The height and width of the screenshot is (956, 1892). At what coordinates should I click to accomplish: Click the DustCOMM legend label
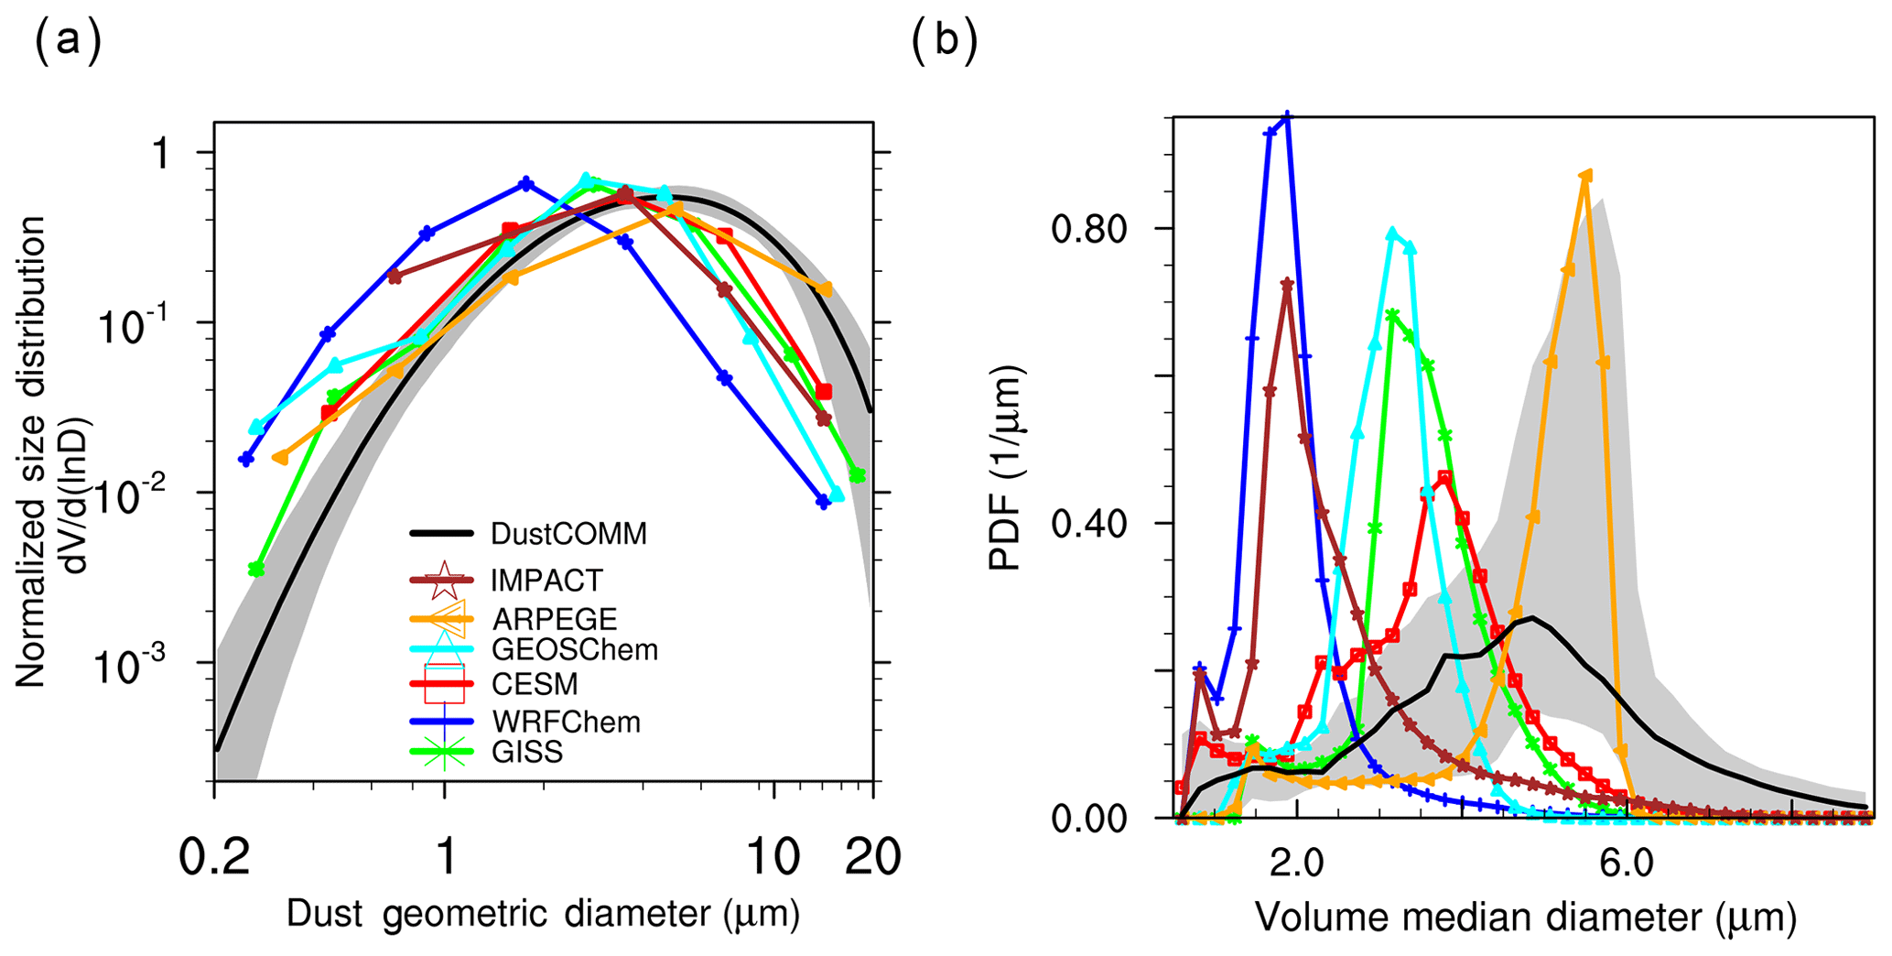[568, 534]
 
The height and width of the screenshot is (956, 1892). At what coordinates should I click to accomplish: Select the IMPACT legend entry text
[546, 581]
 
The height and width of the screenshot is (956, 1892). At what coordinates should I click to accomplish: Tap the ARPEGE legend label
[554, 619]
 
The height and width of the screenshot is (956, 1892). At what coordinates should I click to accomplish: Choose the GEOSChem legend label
[574, 650]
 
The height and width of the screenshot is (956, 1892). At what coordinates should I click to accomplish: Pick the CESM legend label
[535, 684]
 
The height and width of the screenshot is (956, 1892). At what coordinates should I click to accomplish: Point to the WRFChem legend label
[565, 722]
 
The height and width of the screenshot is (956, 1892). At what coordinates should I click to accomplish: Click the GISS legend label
[526, 752]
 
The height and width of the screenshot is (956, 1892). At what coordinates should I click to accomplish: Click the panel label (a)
[67, 42]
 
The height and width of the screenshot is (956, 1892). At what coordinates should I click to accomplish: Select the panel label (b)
[945, 42]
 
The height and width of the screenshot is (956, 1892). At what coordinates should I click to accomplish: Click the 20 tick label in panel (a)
[872, 858]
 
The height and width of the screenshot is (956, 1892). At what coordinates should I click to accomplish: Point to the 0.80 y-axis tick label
[1088, 228]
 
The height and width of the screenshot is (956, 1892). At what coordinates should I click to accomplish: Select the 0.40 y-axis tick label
[1088, 524]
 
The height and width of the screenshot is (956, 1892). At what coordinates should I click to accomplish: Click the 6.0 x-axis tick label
[1627, 863]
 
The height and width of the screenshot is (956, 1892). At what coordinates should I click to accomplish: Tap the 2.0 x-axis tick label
[1296, 863]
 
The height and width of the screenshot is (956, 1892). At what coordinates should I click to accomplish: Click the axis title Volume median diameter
[1524, 917]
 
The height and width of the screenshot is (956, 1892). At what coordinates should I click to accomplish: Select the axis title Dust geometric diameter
[543, 913]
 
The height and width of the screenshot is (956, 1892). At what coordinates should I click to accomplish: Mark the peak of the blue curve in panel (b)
[1287, 116]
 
